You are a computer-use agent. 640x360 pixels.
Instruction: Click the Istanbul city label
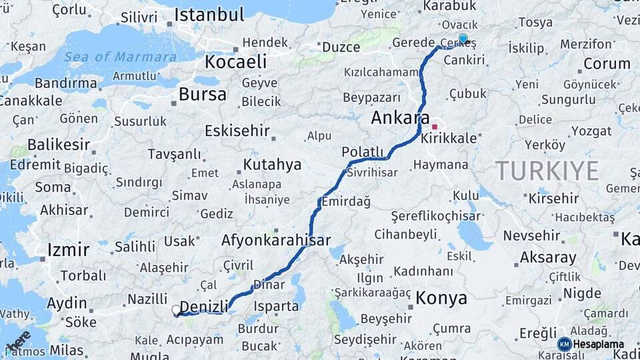tap(209, 15)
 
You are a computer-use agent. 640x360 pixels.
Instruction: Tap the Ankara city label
tap(400, 118)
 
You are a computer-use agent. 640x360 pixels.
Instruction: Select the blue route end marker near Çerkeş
tap(463, 39)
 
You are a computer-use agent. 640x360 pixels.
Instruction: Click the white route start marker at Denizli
tap(176, 310)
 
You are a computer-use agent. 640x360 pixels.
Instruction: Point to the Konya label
tap(441, 298)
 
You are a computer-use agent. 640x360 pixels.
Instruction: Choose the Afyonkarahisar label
tap(275, 240)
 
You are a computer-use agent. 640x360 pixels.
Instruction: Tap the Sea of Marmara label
tap(121, 56)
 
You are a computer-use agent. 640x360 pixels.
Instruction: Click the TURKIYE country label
tap(547, 171)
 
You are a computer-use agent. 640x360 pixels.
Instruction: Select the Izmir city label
tap(68, 250)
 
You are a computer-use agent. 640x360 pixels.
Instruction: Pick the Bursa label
tap(203, 94)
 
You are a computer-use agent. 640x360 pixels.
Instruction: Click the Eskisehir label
tap(237, 130)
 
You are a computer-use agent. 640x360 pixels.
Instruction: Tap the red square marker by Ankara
tap(435, 126)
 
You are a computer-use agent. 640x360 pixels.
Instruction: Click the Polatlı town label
tap(363, 152)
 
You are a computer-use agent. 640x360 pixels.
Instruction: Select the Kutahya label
tap(272, 164)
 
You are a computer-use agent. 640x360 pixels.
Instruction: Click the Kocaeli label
tap(235, 62)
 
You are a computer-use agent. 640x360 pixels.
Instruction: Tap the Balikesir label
tap(59, 145)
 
